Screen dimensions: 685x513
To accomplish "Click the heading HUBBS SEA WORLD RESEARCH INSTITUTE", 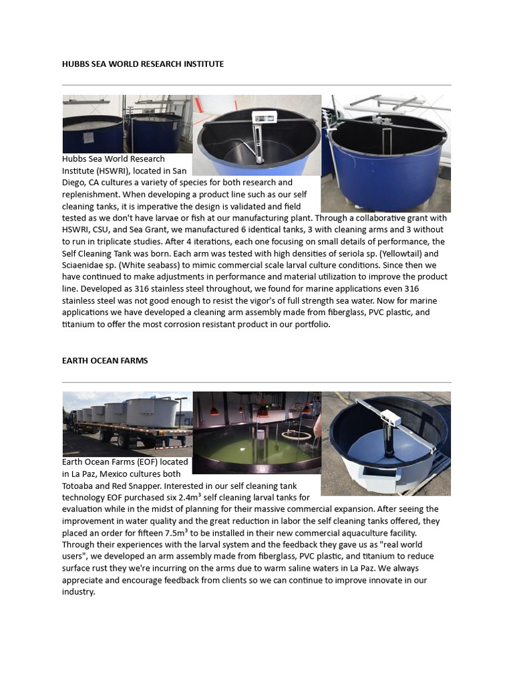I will coord(143,64).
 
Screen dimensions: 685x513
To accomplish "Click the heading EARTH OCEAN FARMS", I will coord(105,361).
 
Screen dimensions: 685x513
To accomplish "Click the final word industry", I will coord(78,592).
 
